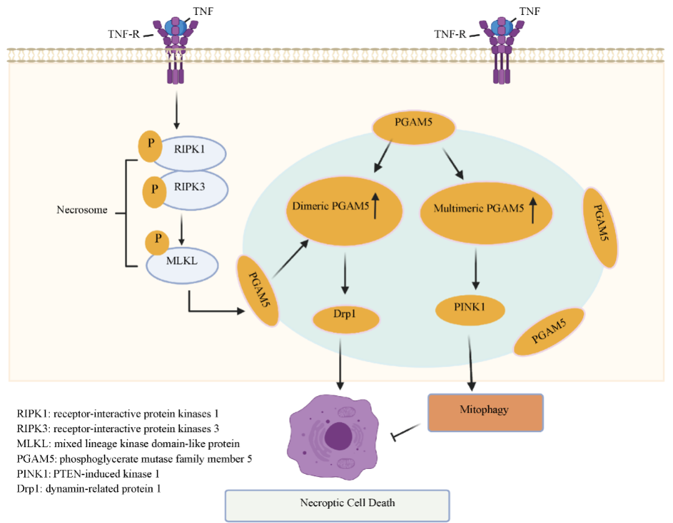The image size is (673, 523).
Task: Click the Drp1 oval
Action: click(346, 319)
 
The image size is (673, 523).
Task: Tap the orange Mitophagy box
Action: click(485, 412)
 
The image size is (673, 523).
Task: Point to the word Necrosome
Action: click(82, 210)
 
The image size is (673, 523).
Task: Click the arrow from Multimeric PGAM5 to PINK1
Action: click(476, 268)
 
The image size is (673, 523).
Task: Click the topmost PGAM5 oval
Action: click(413, 128)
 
